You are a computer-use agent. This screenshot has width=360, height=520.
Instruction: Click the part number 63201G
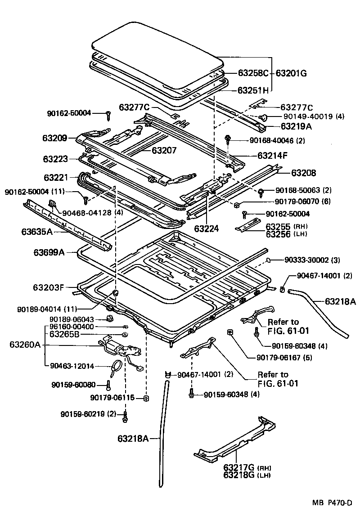tap(291, 73)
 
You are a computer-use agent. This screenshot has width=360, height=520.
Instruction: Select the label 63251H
tap(253, 90)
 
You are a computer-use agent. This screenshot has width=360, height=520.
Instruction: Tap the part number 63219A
tap(296, 126)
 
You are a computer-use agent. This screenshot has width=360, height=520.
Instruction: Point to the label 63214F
tap(272, 155)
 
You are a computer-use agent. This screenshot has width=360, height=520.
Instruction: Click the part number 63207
tap(165, 151)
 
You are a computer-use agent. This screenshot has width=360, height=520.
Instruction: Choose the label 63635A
tap(37, 232)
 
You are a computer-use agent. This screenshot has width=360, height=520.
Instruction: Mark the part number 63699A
tap(49, 253)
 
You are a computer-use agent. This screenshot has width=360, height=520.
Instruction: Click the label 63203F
tap(48, 287)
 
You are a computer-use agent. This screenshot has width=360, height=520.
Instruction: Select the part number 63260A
tap(25, 345)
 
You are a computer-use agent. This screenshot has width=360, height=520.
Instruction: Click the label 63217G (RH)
tap(247, 468)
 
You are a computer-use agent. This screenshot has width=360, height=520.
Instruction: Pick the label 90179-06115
tap(112, 397)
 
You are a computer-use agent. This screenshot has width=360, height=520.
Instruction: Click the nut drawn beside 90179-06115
tap(145, 398)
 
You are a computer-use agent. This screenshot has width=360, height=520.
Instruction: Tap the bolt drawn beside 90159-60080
tap(108, 386)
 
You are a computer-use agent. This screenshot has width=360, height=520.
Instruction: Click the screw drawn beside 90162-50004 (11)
tap(85, 200)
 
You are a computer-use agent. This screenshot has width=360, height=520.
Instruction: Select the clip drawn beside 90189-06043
tap(108, 319)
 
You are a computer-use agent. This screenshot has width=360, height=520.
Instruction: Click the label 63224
tap(207, 229)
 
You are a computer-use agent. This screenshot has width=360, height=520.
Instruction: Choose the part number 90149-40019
tap(308, 117)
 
